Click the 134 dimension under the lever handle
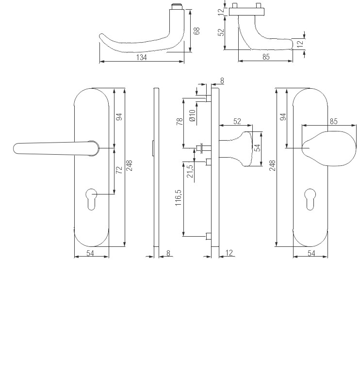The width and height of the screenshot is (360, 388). (141, 57)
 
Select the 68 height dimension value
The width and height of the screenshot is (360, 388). (196, 31)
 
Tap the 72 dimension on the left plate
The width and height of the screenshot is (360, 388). (119, 170)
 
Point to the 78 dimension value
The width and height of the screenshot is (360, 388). (180, 122)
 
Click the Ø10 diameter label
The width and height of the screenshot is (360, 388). (193, 115)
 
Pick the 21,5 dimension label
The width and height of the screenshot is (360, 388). (190, 171)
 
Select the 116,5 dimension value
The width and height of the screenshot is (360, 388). (178, 197)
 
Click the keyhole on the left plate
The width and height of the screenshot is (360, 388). (92, 199)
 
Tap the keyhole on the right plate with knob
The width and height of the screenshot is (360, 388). (310, 199)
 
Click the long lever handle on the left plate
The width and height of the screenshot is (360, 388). (56, 148)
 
